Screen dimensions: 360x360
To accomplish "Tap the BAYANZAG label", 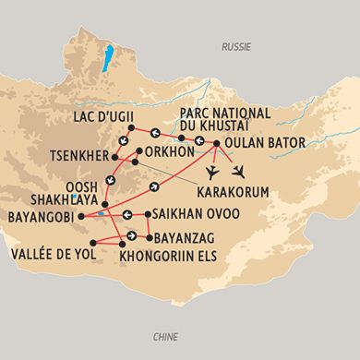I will pyautogui.click(x=188, y=234).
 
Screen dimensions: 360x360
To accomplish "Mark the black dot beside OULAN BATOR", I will pyautogui.click(x=216, y=144).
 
